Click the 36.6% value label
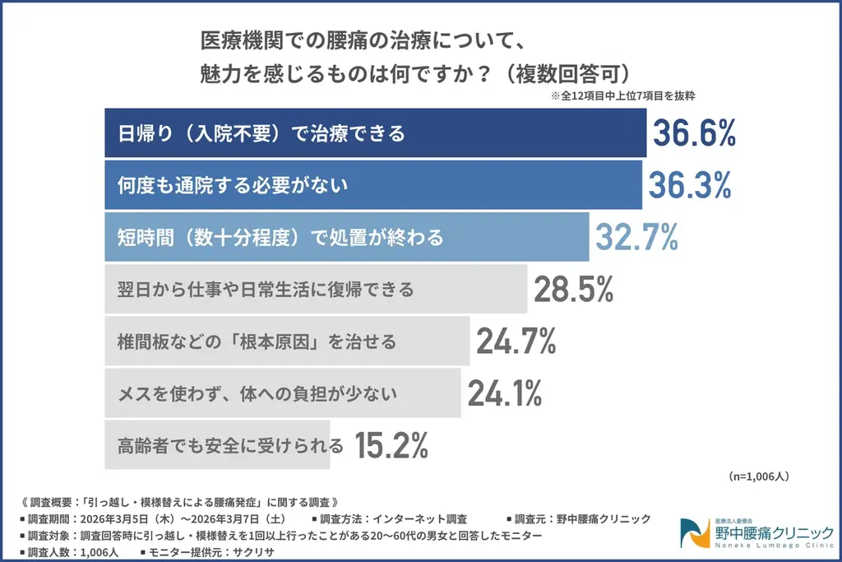tap(693, 133)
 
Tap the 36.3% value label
tap(689, 185)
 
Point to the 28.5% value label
tap(573, 289)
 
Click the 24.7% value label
tap(516, 341)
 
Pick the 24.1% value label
tap(504, 393)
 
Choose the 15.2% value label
tap(391, 445)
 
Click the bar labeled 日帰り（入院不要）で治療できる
tap(375, 133)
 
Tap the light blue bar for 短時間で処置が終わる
tap(346, 237)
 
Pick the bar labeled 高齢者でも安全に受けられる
tap(217, 445)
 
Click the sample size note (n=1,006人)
tap(758, 476)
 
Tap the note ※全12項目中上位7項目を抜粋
tap(623, 95)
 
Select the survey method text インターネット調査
tap(419, 519)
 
